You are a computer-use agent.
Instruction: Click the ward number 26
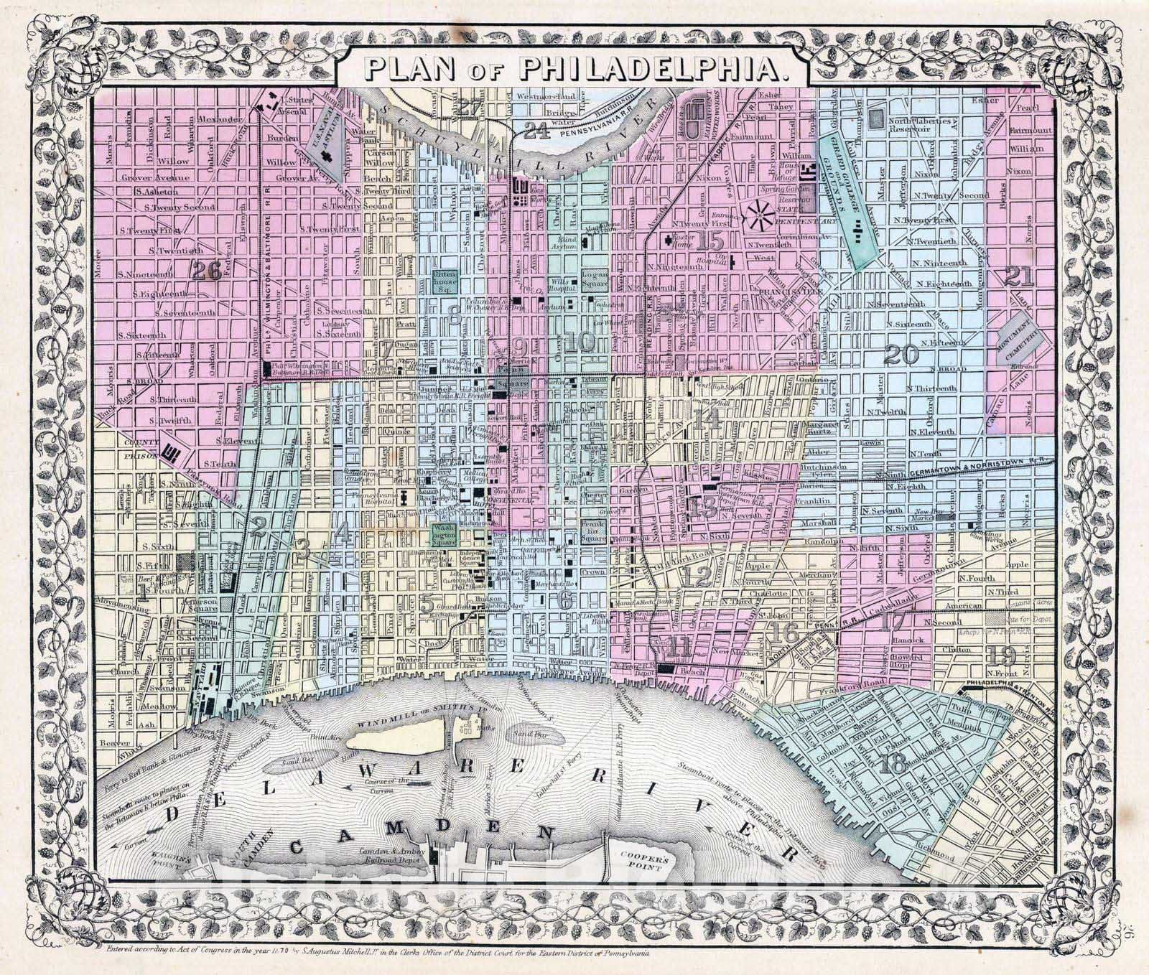point(205,270)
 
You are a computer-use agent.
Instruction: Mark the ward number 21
point(1020,276)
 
